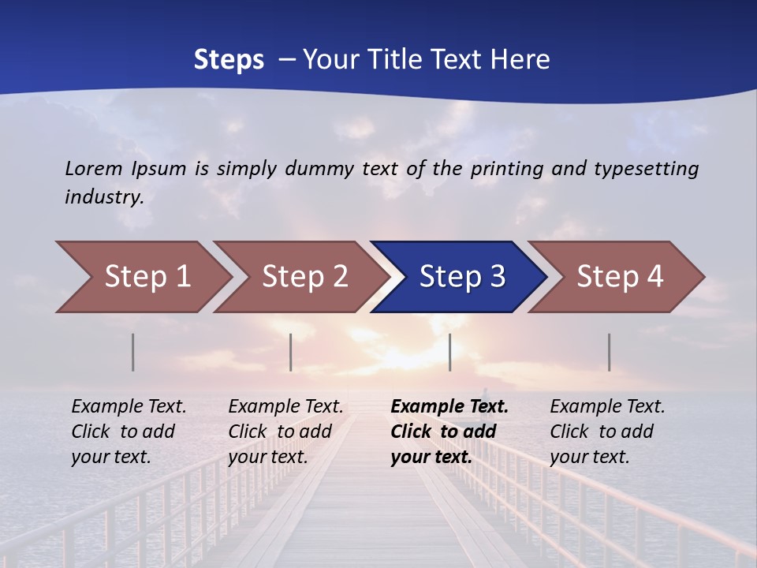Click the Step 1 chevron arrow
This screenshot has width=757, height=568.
click(x=146, y=277)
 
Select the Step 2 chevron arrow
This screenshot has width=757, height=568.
click(x=304, y=277)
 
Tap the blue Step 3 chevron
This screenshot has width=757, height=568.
click(x=461, y=277)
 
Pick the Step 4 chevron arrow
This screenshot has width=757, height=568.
click(x=619, y=277)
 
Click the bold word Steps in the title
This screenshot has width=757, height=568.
click(x=229, y=60)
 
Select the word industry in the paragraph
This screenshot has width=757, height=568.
click(x=104, y=196)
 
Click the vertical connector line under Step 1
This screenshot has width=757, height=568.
click(x=133, y=352)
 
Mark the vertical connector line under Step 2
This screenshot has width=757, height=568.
click(x=291, y=352)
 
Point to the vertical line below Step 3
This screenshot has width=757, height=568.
click(x=450, y=352)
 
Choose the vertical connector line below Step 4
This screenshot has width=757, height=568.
click(x=610, y=352)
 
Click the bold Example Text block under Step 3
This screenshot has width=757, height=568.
click(x=449, y=432)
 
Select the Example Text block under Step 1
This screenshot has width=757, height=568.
click(x=129, y=432)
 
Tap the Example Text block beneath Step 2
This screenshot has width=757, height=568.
click(x=285, y=432)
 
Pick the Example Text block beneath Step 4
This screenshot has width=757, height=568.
click(x=607, y=432)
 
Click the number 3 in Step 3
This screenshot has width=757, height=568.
click(x=497, y=277)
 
